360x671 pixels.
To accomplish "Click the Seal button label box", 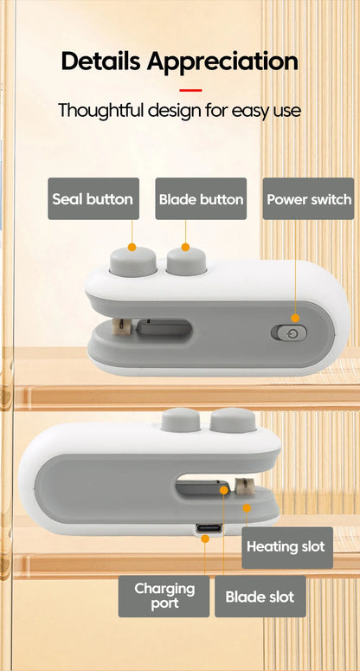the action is click(93, 199).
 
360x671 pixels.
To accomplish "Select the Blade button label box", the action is click(201, 199).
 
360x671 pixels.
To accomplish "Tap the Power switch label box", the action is click(308, 199).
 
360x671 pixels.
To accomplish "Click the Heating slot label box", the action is click(287, 548).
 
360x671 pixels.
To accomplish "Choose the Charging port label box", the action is click(164, 597).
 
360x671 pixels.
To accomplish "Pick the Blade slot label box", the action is click(260, 597).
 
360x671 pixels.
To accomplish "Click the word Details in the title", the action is click(101, 61).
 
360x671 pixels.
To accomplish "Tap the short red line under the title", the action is click(190, 90).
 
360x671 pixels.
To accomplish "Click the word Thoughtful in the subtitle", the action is click(101, 110).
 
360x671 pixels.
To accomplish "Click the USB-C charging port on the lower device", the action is click(209, 528).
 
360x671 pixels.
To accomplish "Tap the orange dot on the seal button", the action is click(132, 247).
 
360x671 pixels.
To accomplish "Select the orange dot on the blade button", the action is click(185, 247).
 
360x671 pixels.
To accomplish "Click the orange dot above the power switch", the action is click(295, 318).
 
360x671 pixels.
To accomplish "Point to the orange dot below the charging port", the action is click(205, 539).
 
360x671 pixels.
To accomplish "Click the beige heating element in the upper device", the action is click(122, 326).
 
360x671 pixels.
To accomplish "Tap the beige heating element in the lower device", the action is click(245, 487).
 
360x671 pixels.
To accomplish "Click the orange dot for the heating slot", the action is click(247, 508).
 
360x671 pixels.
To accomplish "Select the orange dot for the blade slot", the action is click(224, 490).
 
